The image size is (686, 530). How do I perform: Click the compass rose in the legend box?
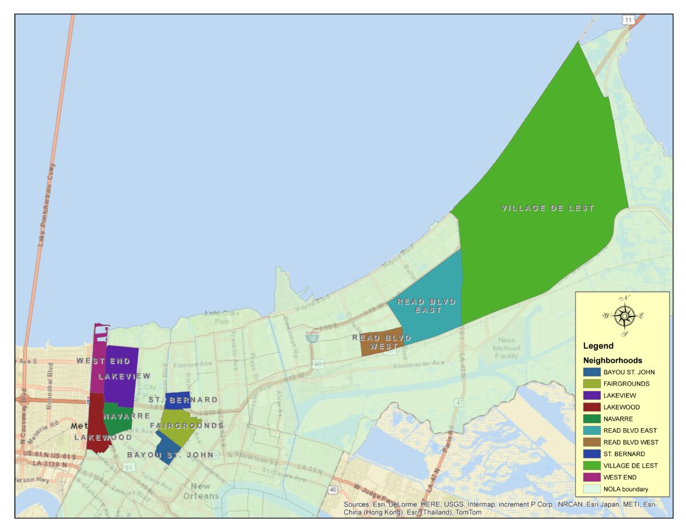625,316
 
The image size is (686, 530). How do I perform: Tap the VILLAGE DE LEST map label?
548,208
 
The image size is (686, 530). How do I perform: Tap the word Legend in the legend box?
598,346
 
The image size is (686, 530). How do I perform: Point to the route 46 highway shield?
333,490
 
